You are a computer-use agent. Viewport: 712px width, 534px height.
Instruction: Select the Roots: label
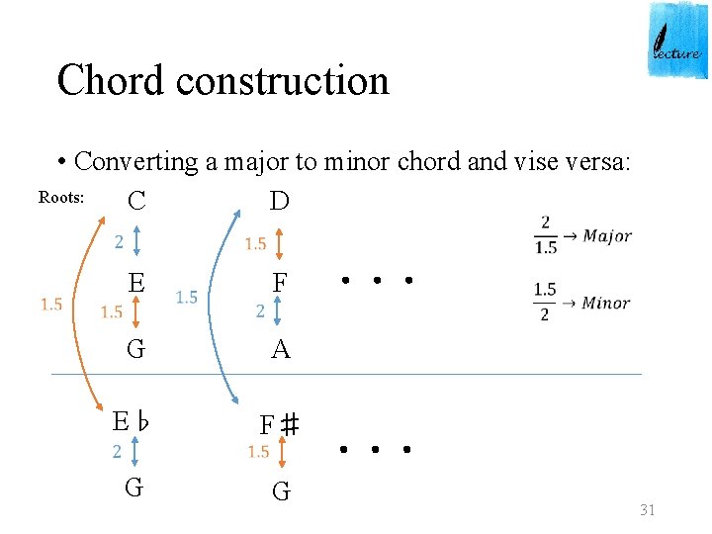pyautogui.click(x=61, y=197)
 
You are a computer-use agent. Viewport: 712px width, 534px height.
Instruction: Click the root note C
pyautogui.click(x=136, y=201)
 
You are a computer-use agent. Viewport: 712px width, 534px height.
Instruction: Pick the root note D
pyautogui.click(x=280, y=201)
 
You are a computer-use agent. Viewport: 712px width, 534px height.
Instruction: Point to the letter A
pyautogui.click(x=281, y=349)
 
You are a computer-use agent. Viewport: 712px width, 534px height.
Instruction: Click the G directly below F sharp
pyautogui.click(x=281, y=491)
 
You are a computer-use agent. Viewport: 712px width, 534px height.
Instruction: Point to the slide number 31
pyautogui.click(x=648, y=509)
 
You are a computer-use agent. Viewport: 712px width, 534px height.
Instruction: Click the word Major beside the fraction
pyautogui.click(x=606, y=235)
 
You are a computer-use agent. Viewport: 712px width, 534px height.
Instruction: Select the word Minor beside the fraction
pyautogui.click(x=605, y=303)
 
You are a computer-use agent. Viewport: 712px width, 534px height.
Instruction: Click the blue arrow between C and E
pyautogui.click(x=136, y=241)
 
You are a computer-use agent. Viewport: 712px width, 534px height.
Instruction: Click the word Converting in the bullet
pyautogui.click(x=136, y=161)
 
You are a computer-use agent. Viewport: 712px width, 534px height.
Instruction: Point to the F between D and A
pyautogui.click(x=280, y=284)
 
